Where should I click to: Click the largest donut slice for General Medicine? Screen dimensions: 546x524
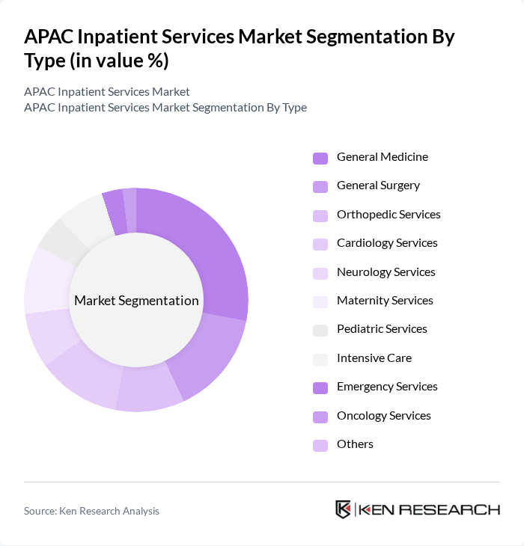(x=207, y=247)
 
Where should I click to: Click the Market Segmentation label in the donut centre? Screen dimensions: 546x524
(x=136, y=301)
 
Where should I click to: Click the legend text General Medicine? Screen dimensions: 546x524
(x=382, y=157)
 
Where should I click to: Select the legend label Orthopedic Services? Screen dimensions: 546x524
(x=389, y=215)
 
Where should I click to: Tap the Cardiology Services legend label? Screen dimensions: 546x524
(x=387, y=243)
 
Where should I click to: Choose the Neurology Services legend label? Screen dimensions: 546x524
(x=386, y=272)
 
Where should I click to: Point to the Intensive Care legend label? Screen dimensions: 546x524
(x=374, y=358)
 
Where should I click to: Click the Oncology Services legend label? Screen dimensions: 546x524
(x=383, y=416)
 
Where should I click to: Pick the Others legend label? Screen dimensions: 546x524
(x=355, y=444)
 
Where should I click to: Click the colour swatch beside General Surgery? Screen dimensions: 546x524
(x=320, y=186)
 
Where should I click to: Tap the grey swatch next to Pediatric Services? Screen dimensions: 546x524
(x=320, y=330)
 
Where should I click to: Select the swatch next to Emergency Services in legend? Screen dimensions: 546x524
(x=320, y=387)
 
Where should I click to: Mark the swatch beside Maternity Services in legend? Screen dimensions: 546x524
(x=320, y=301)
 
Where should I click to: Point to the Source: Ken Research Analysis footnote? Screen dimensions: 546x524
(x=91, y=511)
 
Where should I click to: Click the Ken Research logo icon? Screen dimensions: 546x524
(x=343, y=509)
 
